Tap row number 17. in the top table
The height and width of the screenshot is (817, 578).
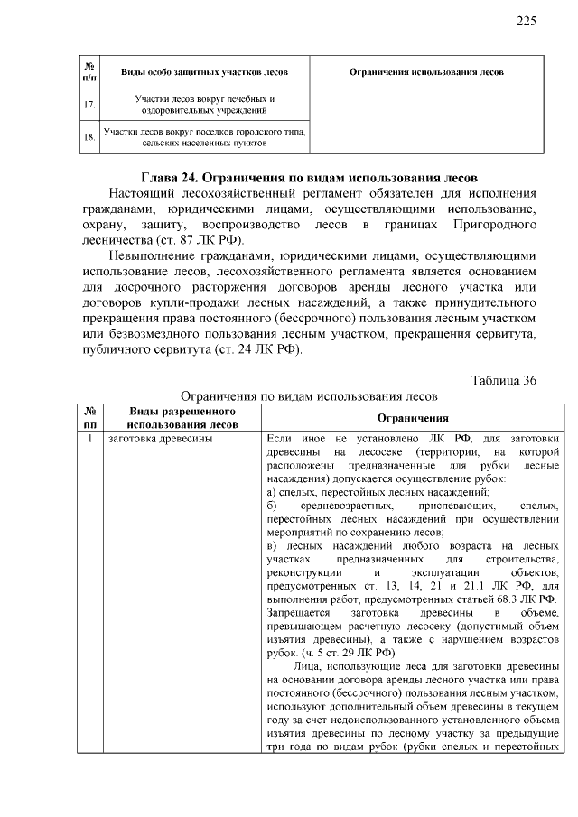(89, 105)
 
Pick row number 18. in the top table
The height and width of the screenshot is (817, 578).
(89, 137)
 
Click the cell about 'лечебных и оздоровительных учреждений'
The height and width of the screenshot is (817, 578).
(205, 105)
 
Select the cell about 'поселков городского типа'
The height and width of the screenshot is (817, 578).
(205, 137)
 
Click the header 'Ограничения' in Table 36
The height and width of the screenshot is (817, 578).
(413, 419)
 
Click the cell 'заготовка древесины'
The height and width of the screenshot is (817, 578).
(160, 440)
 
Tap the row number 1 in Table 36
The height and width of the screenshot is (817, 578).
(89, 440)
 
